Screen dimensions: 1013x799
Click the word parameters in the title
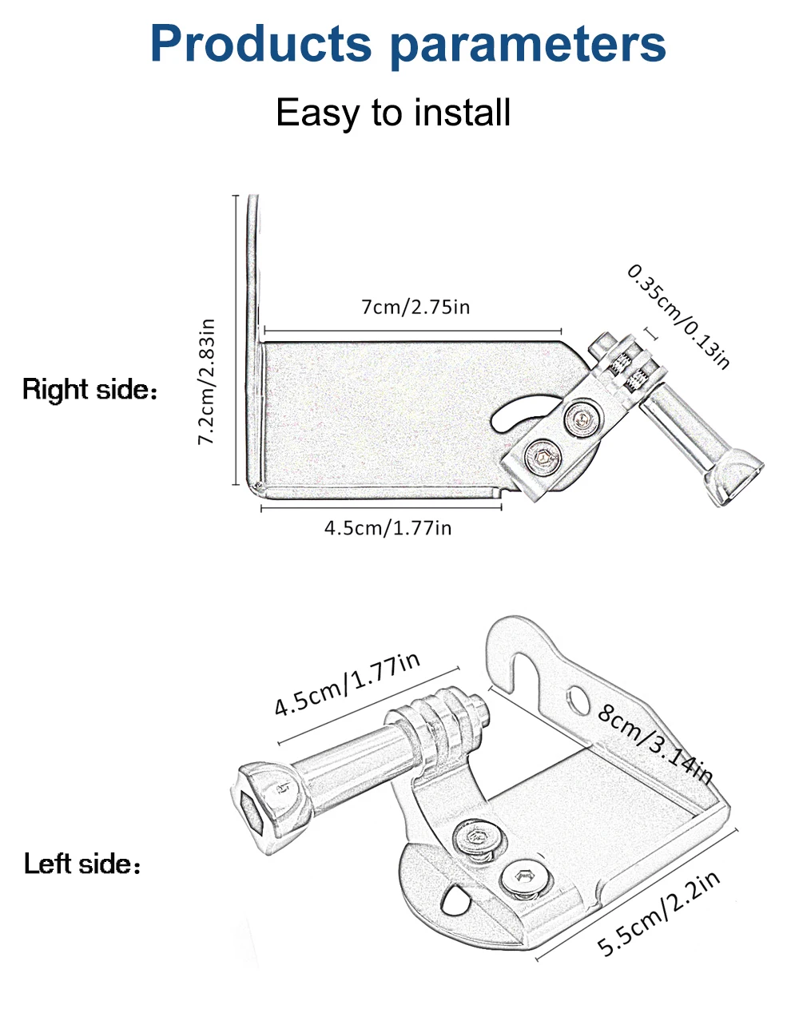coord(527,46)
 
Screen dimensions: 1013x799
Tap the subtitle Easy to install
coord(393,113)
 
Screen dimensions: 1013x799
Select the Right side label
coord(89,390)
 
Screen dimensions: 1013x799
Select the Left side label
coord(81,864)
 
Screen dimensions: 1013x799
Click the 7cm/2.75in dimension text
coord(415,306)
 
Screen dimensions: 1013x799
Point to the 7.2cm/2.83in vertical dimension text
coord(207,381)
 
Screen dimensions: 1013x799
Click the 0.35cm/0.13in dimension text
coord(679,316)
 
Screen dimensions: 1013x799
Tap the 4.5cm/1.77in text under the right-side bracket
coord(388,527)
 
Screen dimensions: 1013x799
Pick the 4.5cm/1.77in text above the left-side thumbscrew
coord(348,683)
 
